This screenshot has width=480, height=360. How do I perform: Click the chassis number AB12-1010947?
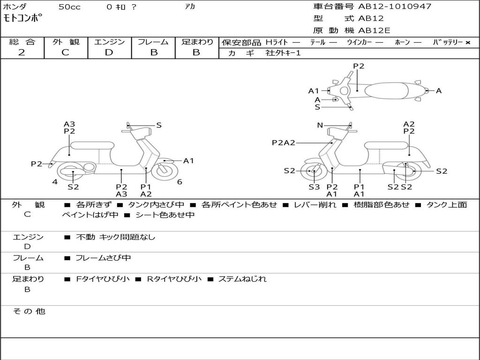point(395,7)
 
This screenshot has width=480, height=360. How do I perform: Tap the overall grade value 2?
point(22,52)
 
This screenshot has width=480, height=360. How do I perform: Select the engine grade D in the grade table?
point(109,52)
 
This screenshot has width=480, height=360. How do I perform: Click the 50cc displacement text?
point(69,7)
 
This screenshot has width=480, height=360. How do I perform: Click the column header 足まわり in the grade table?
point(197,42)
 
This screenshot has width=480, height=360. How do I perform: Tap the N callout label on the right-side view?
point(320,125)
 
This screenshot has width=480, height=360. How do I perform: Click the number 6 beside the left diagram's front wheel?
point(180,182)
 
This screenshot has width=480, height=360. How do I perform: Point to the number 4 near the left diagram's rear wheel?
point(55,182)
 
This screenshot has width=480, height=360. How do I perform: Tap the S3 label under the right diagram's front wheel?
point(314,187)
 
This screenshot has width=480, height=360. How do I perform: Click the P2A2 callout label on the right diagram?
point(284,143)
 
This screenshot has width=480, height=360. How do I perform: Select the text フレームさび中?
point(103,258)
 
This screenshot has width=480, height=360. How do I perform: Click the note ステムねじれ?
point(242,279)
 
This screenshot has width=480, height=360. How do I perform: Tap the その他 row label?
point(29,311)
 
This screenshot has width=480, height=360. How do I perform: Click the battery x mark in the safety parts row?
point(467,42)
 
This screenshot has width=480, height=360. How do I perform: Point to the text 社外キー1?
point(283,53)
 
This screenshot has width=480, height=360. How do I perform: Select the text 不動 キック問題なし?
point(115,237)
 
